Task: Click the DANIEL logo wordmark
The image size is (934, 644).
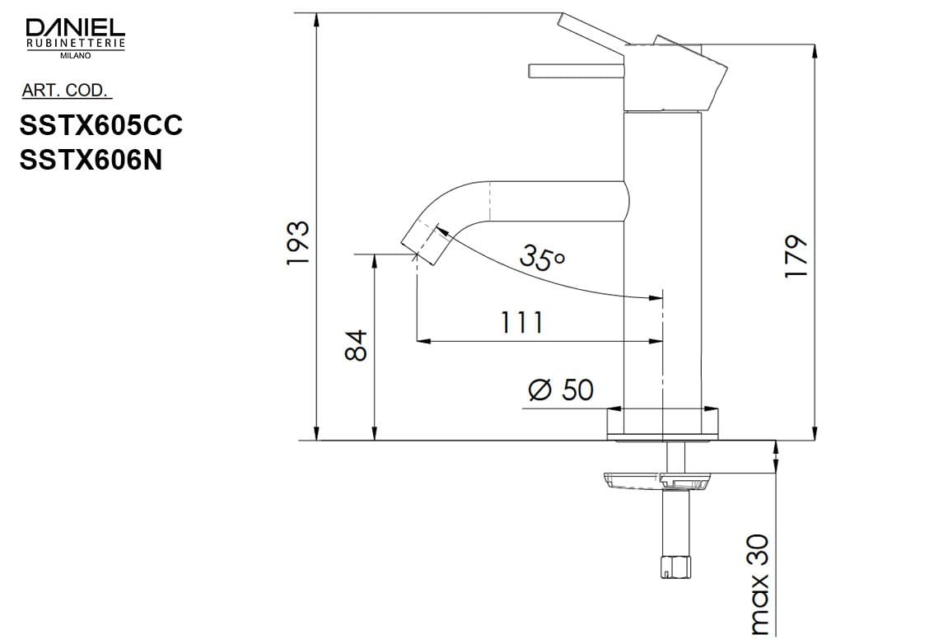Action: coord(76,28)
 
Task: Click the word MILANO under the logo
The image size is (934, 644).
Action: coord(76,56)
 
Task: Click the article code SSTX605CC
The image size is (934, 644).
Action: coord(100,125)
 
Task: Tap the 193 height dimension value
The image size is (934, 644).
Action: coord(298,242)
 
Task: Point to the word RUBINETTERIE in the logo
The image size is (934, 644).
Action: coord(76,43)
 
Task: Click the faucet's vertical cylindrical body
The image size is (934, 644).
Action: coord(664,264)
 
